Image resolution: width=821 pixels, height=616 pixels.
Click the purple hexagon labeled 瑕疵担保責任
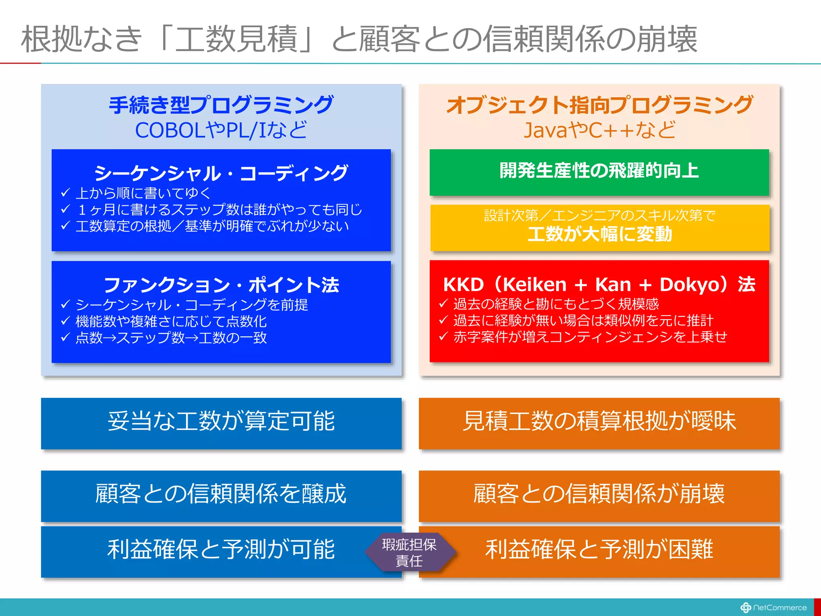coord(409,552)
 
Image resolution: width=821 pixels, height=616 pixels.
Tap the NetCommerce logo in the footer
coord(773,607)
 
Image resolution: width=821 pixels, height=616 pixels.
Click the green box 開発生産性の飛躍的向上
coord(599,172)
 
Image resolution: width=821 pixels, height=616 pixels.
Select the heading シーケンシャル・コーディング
coord(221,173)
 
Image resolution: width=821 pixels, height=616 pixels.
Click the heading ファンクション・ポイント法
coord(221,285)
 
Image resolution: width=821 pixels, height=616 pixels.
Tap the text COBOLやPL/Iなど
coord(221,130)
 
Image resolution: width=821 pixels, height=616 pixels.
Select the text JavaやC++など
coord(599,130)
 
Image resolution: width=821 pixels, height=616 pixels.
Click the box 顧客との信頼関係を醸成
coord(221,494)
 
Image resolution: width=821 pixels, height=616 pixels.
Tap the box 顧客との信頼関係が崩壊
coord(599,494)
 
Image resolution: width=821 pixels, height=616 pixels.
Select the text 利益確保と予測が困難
coord(599,549)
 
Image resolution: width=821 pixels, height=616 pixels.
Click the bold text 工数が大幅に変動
coord(599,234)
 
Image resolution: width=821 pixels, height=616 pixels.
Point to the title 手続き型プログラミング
coord(221,105)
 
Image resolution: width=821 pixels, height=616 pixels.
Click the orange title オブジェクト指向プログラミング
coord(599,105)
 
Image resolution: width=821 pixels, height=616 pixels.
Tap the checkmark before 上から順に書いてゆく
coord(65,193)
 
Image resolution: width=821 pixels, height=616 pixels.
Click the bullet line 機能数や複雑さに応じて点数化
coord(171,321)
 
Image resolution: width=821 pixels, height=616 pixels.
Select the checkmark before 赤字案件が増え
coord(443,336)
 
